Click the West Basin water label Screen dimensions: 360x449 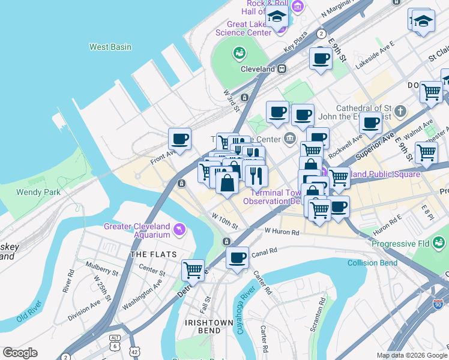110,47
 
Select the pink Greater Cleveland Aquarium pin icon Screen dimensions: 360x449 178,229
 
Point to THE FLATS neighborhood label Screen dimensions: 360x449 154,254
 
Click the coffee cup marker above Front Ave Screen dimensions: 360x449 179,139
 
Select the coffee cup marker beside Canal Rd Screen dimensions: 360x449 238,258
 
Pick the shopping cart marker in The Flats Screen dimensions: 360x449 193,270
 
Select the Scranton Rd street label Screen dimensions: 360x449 322,307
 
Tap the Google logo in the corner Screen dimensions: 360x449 20,353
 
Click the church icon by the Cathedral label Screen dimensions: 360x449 400,112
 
